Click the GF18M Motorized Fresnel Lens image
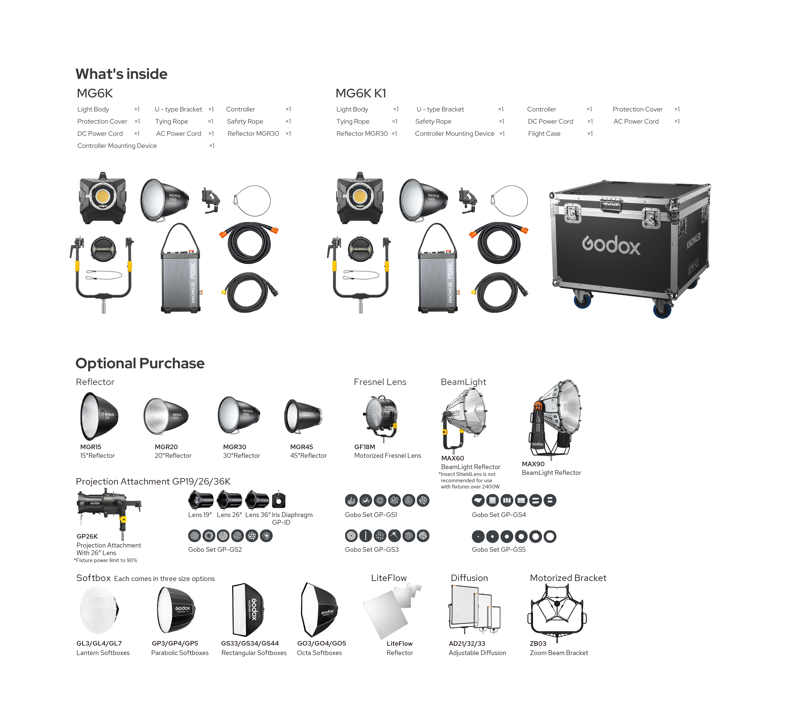click(381, 417)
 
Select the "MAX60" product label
click(452, 458)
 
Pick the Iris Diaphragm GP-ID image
click(279, 500)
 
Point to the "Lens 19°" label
click(200, 515)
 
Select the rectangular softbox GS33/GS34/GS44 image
click(248, 609)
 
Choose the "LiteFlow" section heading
click(389, 578)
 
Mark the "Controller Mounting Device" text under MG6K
click(117, 146)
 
